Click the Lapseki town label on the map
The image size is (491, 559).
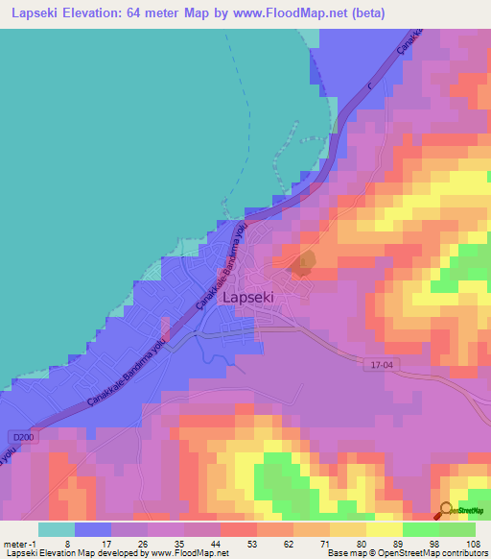click(x=247, y=298)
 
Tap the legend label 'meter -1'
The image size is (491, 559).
click(x=22, y=543)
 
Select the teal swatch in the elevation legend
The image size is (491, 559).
click(x=57, y=529)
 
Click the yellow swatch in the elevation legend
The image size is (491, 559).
click(x=384, y=529)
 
